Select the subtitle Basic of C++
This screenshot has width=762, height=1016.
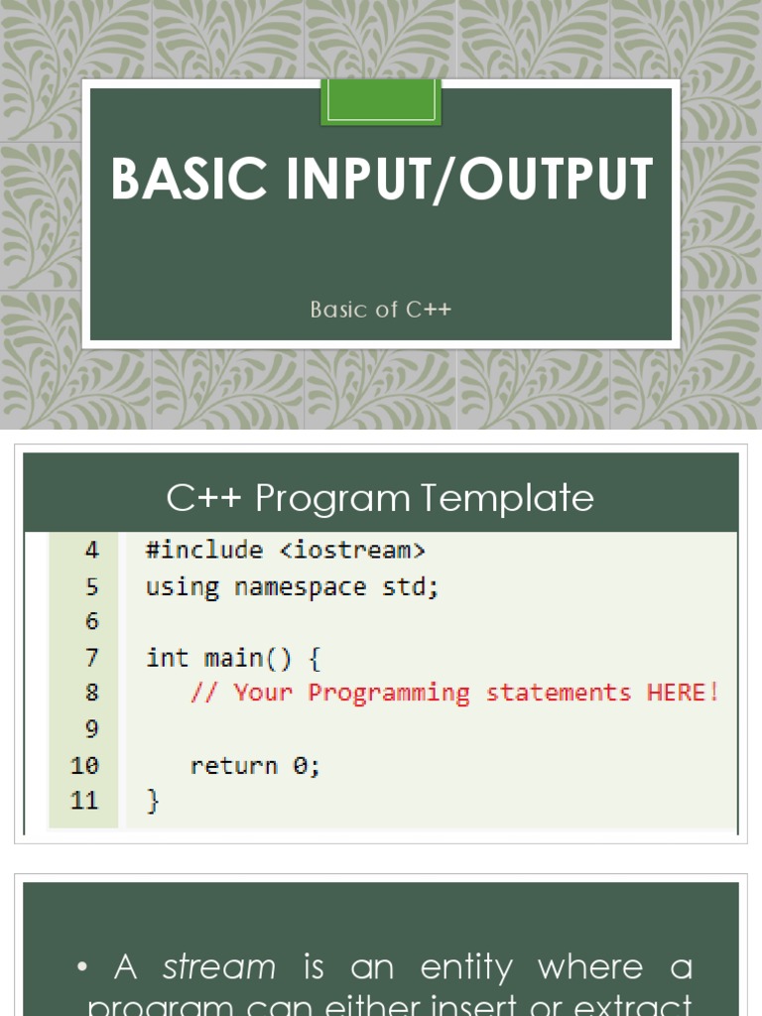[x=380, y=310]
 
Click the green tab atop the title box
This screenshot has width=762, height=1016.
[x=380, y=102]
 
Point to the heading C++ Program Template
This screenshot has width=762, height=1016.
[x=380, y=497]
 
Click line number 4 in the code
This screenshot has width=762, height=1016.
[x=91, y=550]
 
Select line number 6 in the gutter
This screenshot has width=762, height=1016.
[x=91, y=621]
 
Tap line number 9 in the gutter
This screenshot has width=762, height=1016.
[x=91, y=729]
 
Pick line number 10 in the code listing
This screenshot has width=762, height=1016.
[x=85, y=765]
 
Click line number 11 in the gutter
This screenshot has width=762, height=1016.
[x=85, y=801]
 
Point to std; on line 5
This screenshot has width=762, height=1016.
[x=410, y=586]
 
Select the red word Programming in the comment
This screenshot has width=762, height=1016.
[x=388, y=694]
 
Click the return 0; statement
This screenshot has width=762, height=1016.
[x=255, y=765]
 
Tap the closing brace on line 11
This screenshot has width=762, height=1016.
[x=153, y=801]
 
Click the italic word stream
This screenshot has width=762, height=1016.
[x=219, y=966]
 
